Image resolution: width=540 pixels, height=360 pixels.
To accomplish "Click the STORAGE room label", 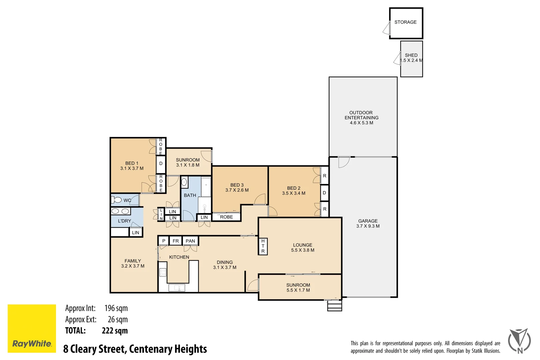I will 405,22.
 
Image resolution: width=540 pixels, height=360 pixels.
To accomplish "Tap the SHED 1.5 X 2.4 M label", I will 411,58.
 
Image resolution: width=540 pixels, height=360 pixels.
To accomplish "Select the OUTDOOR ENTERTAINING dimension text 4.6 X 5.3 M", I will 361,123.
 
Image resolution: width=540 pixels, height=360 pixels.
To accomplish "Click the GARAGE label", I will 368,221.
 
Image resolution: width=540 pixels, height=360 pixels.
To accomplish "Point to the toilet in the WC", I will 117,200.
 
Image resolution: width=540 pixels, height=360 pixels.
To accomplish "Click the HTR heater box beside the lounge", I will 263,246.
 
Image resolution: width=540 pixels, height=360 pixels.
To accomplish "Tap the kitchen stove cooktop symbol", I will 163,272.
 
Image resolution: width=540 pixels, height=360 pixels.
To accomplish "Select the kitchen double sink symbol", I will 177,288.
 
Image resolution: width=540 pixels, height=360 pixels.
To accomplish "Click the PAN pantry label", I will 190,241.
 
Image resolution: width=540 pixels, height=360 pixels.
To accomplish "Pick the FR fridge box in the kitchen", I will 176,241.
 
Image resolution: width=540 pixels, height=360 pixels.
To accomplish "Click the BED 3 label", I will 237,185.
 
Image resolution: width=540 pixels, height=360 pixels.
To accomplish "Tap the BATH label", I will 190,195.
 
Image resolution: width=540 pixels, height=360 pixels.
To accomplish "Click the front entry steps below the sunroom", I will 334,306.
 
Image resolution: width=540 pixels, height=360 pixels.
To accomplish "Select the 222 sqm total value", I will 115,331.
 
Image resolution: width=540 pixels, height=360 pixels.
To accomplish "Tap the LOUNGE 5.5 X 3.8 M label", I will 303,248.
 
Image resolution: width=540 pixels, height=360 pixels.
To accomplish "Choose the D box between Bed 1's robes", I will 161,164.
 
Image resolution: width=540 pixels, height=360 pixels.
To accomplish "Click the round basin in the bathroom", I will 184,182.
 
